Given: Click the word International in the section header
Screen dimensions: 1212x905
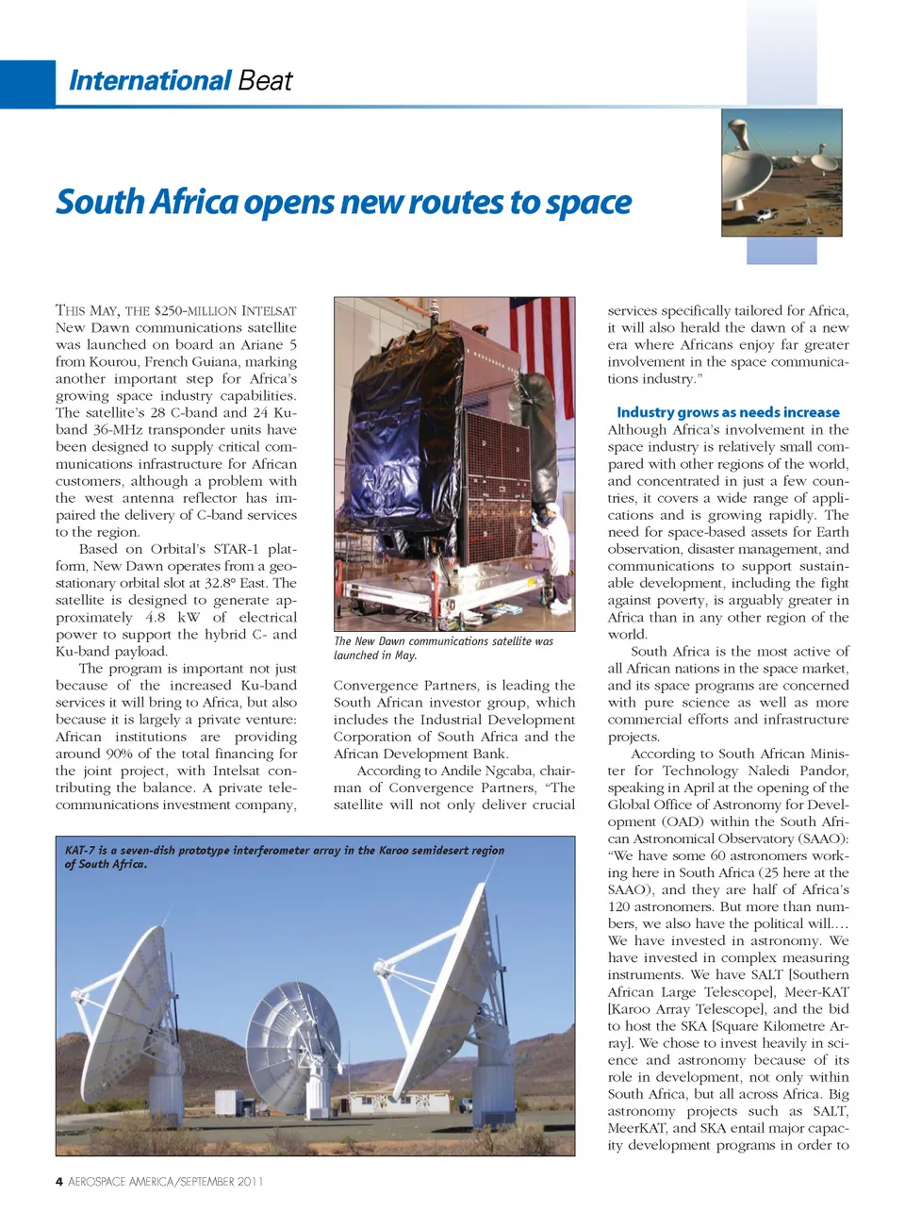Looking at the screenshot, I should (x=149, y=81).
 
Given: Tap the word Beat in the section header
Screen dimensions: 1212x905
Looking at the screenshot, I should (x=265, y=81).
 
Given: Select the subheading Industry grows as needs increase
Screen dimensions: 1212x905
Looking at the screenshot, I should (x=728, y=412).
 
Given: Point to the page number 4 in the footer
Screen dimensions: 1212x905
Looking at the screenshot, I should (x=59, y=1182).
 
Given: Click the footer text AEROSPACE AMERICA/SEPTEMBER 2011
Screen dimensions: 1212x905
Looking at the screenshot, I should (x=166, y=1182).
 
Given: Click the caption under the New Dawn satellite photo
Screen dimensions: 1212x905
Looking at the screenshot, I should (x=443, y=648).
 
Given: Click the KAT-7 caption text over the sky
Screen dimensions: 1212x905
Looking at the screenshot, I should (x=284, y=856).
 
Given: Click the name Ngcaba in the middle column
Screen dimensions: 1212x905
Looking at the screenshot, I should (x=509, y=771).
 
